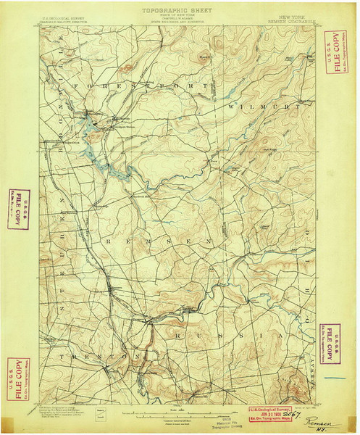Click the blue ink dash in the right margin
pyautogui.click(x=335, y=378)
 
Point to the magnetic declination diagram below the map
pyautogui.click(x=102, y=415)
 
